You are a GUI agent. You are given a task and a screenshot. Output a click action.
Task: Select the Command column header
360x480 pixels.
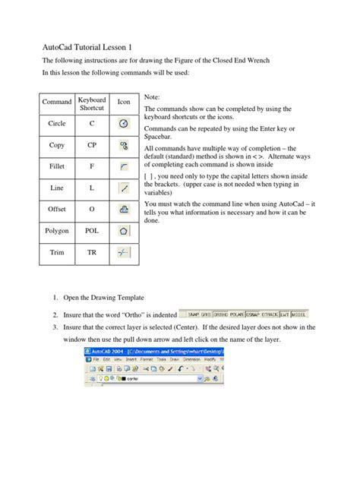[x=57, y=102]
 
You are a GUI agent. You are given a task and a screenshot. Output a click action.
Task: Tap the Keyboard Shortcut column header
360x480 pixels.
[x=92, y=102]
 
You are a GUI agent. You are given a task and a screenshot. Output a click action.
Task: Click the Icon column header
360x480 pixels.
[x=123, y=102]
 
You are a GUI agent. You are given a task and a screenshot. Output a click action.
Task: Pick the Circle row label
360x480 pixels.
[x=57, y=122]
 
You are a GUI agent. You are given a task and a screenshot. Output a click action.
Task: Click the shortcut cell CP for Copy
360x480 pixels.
[x=92, y=144]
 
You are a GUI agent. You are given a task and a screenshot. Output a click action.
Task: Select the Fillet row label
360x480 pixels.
[x=57, y=165]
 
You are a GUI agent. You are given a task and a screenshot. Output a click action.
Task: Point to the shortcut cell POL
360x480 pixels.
[x=92, y=229]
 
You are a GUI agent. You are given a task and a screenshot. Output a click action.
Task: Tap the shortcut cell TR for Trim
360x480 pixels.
[x=92, y=250]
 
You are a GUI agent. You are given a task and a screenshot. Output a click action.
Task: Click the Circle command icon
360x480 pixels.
[x=123, y=122]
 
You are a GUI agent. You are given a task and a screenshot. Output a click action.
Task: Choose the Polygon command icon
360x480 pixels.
[x=123, y=229]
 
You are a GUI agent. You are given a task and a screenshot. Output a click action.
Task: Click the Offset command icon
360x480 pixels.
[x=123, y=207]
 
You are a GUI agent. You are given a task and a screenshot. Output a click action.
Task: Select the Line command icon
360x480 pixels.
[x=123, y=186]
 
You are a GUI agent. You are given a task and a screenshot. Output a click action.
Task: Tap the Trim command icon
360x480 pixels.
[x=123, y=250]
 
